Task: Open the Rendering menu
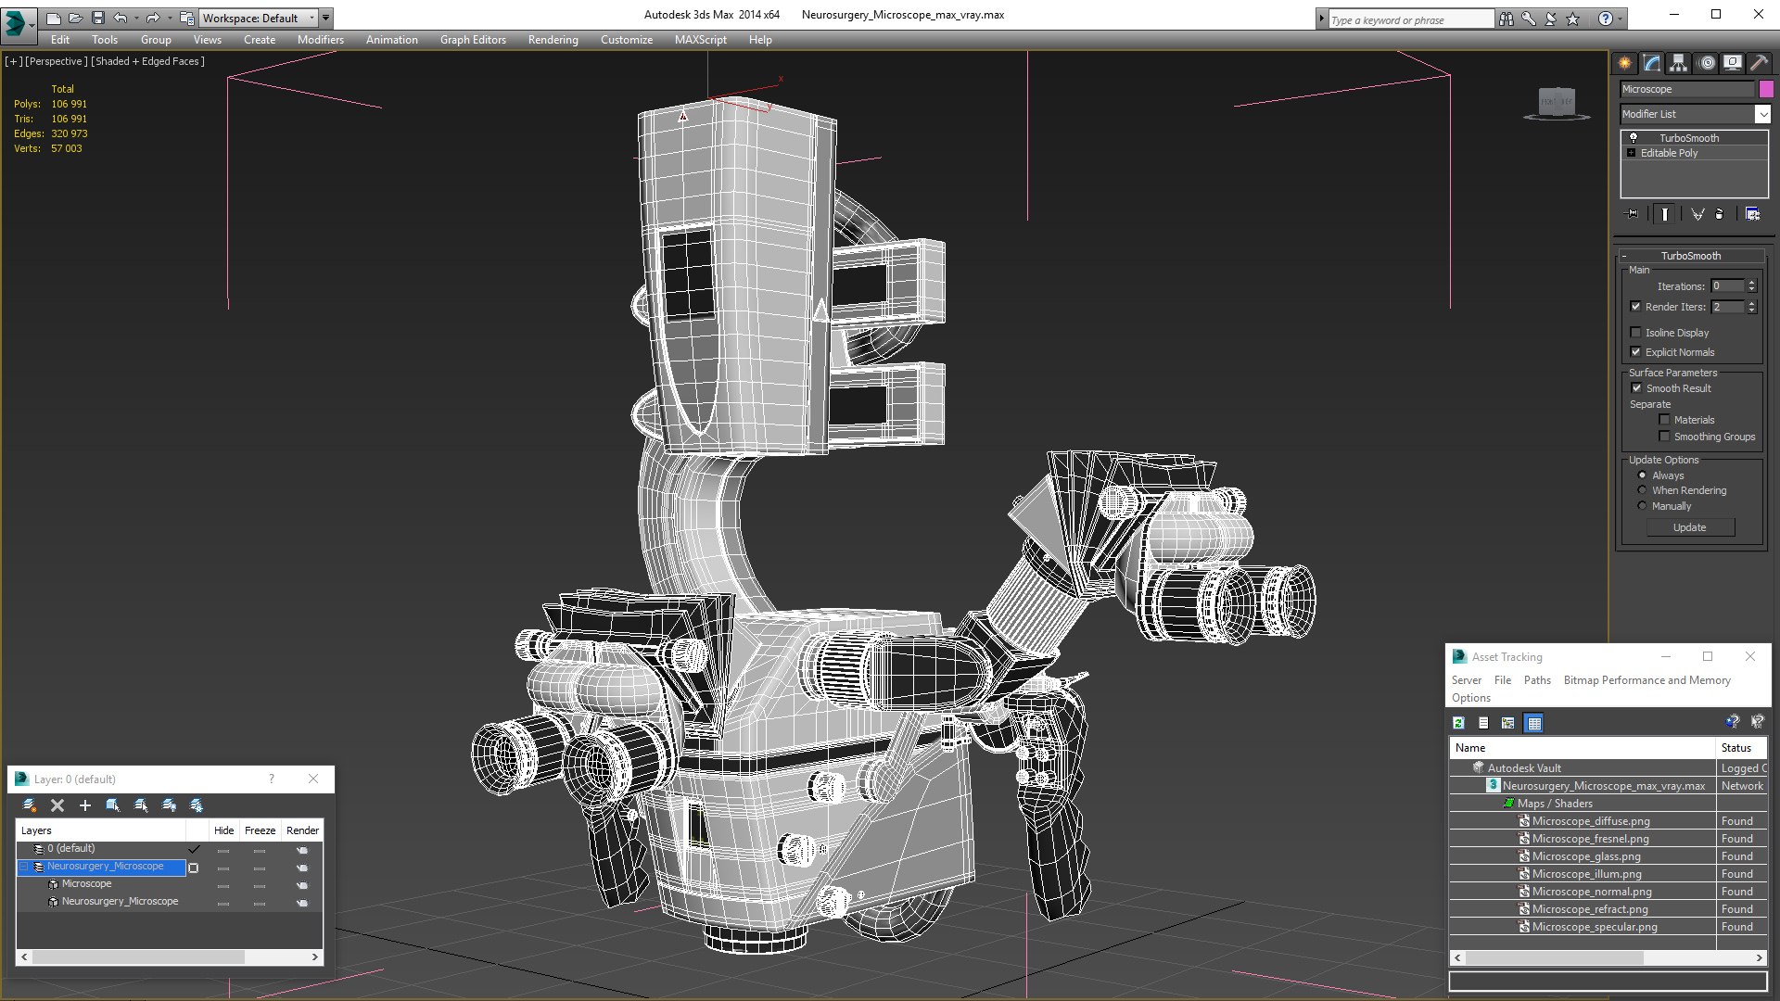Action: point(553,40)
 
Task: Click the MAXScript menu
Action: point(700,40)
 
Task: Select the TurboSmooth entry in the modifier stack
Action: point(1688,138)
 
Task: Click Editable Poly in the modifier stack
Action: point(1669,153)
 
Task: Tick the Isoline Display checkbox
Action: point(1635,333)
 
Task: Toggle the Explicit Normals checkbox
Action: point(1635,352)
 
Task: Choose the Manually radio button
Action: point(1642,506)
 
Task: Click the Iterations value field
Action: point(1727,286)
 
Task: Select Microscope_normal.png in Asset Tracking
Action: point(1591,892)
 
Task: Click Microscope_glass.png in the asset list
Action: point(1585,856)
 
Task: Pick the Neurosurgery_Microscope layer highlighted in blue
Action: point(105,867)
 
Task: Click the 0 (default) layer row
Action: point(70,849)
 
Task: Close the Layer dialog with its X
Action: point(313,779)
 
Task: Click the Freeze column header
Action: point(260,830)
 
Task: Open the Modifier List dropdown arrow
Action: point(1762,114)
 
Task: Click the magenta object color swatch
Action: point(1766,89)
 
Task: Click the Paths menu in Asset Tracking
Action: point(1536,680)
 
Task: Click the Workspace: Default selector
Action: point(257,19)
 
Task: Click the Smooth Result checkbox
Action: point(1636,388)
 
